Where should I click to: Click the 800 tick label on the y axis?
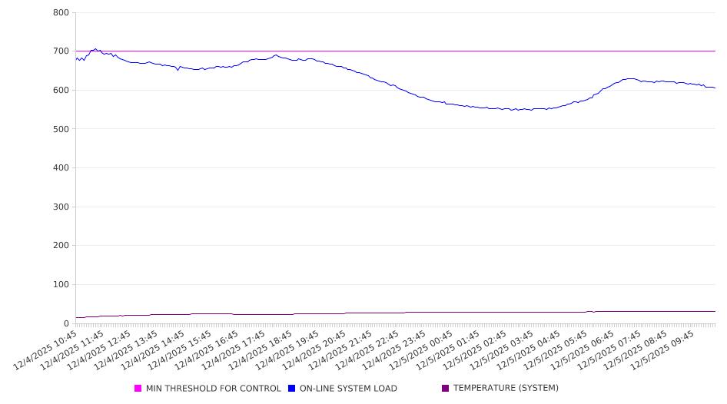61,13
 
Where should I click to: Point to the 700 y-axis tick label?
61,51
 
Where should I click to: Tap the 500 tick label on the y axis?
61,129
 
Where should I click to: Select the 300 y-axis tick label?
61,207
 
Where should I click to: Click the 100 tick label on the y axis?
61,285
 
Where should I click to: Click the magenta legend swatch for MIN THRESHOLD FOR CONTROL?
138,389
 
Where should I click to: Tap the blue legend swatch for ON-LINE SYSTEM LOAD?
292,389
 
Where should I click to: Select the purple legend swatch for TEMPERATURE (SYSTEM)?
445,389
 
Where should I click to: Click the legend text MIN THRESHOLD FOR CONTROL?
213,389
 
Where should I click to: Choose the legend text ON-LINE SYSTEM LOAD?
348,389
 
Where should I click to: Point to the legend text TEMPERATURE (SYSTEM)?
506,389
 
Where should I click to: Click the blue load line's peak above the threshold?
95,48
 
